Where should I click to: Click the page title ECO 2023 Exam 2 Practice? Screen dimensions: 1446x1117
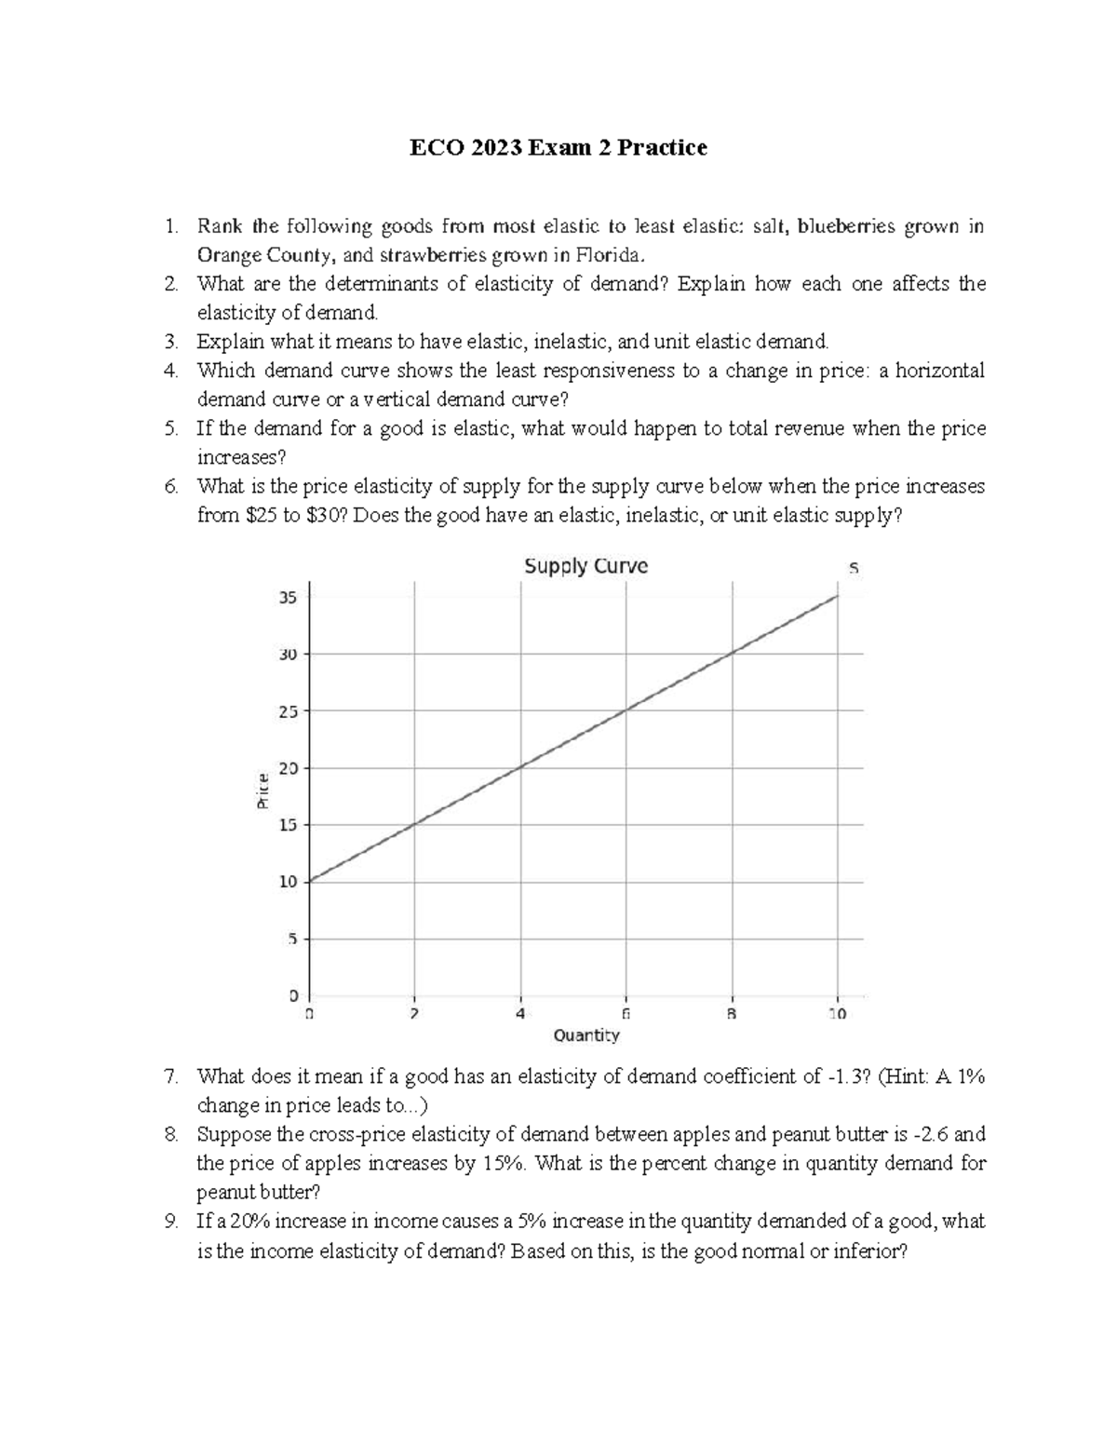[x=559, y=147]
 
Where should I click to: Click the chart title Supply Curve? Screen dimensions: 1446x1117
[x=585, y=566]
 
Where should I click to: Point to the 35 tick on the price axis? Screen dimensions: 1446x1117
[x=288, y=598]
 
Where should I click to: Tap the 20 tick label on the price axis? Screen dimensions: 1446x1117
[x=288, y=768]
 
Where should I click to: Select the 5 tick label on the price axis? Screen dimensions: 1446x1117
[x=291, y=939]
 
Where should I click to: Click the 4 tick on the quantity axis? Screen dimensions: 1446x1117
[x=520, y=1014]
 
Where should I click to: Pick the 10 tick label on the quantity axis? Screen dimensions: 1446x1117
[x=837, y=1014]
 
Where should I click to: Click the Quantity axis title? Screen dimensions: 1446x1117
[x=585, y=1035]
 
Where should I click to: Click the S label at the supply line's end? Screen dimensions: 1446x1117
[x=853, y=567]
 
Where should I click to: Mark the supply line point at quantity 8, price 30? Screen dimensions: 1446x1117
[x=733, y=654]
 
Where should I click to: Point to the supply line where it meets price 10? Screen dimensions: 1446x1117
[x=309, y=881]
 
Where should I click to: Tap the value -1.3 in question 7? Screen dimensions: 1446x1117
[x=851, y=1077]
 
